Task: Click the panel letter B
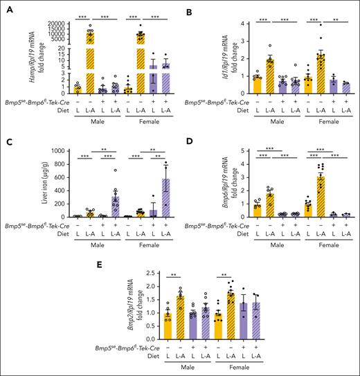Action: tap(192, 6)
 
